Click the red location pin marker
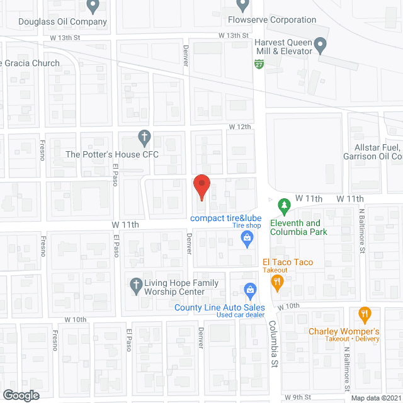[201, 188]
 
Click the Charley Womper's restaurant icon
[364, 313]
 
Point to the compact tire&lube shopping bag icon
[247, 237]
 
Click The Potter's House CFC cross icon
[144, 137]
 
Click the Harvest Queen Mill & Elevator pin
[321, 45]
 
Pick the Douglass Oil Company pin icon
[93, 6]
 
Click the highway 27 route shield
[259, 64]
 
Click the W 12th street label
[240, 127]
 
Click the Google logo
[21, 395]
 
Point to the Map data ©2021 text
[375, 398]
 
